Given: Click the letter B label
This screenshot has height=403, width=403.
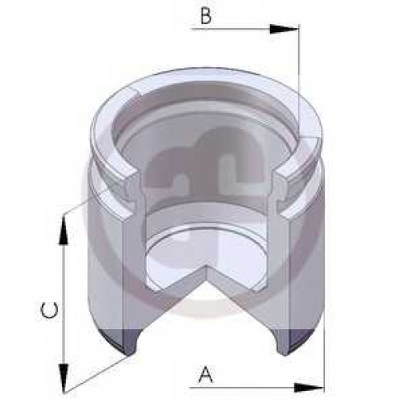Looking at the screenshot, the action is pos(206,16).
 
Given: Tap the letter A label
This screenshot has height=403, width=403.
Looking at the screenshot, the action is pos(206,375).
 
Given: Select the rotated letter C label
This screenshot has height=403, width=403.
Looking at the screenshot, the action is pos(49,310).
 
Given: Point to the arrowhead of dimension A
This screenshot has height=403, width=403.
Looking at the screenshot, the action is pos(309,388).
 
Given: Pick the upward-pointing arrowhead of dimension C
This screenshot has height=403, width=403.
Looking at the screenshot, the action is pos(64,231).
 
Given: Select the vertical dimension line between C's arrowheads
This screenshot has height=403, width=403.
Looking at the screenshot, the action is pos(64,304).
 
